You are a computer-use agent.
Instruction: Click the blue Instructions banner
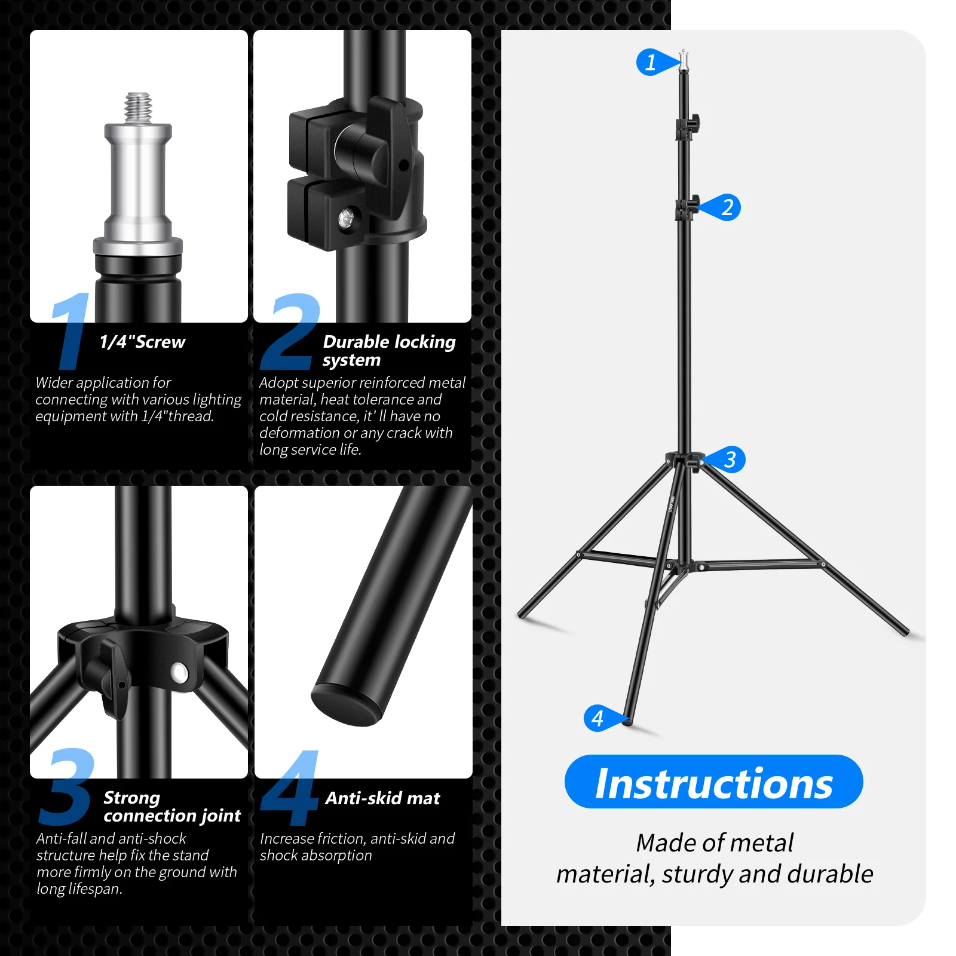point(713,782)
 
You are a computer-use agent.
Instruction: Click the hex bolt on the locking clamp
point(347,219)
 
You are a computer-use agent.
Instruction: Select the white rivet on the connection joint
point(179,672)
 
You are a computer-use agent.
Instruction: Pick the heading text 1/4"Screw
point(142,342)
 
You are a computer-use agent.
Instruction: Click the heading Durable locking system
point(388,350)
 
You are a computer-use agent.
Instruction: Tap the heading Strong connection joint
point(171,807)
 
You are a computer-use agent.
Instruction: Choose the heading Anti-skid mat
point(382,798)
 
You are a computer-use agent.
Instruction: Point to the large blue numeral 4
point(291,789)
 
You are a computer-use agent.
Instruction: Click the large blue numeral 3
point(67,787)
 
